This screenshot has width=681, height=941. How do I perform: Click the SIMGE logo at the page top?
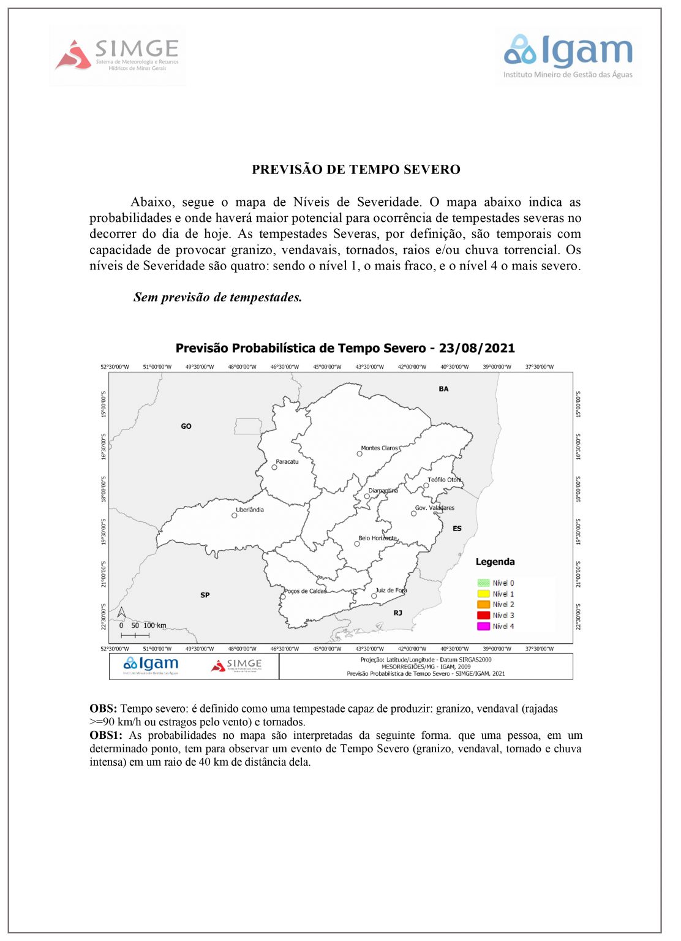click(118, 55)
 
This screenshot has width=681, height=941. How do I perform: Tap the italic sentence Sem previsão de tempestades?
click(217, 297)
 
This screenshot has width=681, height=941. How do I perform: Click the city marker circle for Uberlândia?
click(234, 515)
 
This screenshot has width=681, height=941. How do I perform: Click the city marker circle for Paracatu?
click(274, 467)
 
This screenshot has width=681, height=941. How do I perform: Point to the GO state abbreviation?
click(186, 426)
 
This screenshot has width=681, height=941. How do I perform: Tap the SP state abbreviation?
click(205, 595)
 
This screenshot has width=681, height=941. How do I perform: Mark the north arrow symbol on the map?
click(121, 612)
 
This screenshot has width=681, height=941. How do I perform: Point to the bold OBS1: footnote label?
click(107, 735)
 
